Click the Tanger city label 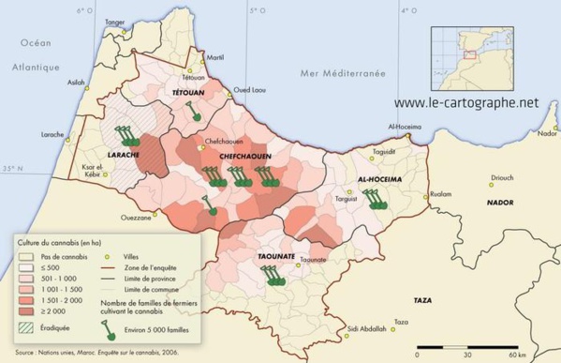tap(115, 21)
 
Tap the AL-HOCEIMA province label tap(380, 177)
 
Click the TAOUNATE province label tap(276, 256)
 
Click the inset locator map tap(466, 53)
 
